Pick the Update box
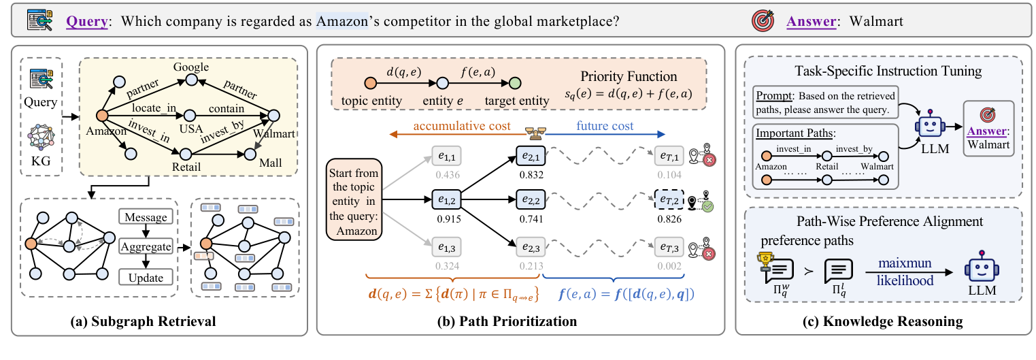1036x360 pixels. [146, 277]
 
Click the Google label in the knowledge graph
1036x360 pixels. [191, 67]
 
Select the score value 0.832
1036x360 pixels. [531, 175]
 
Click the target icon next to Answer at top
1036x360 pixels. [762, 21]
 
